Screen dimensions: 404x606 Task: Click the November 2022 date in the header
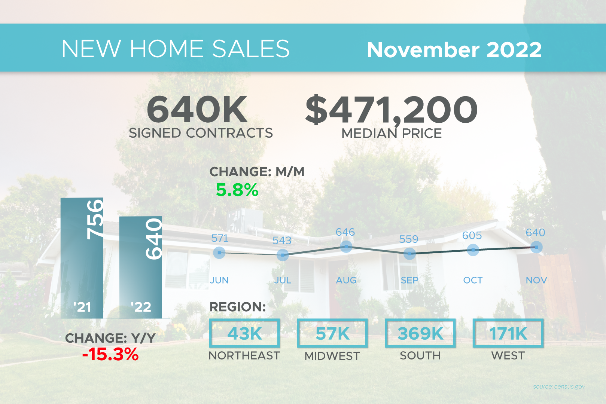(x=454, y=50)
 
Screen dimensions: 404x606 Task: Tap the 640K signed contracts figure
(x=197, y=110)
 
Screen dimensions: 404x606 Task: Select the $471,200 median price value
(x=391, y=110)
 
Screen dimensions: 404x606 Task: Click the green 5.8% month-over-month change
(x=237, y=190)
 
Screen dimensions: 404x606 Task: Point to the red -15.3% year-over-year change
(x=110, y=354)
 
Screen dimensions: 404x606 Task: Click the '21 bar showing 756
(x=82, y=258)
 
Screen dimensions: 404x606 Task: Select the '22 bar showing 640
(x=141, y=267)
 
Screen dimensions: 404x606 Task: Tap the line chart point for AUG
(x=346, y=247)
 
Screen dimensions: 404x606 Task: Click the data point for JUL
(x=283, y=255)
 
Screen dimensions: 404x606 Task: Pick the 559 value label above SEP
(x=408, y=239)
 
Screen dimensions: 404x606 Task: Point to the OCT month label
(x=473, y=280)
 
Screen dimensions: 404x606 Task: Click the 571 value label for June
(x=220, y=238)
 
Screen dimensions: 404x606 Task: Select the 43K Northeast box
(x=244, y=333)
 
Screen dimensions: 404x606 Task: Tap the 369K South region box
(x=420, y=333)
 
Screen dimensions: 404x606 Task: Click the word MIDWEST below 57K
(x=332, y=356)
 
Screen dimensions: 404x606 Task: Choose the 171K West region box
(x=508, y=333)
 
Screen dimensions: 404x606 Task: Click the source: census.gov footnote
(x=559, y=386)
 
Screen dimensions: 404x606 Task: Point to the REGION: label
(x=237, y=307)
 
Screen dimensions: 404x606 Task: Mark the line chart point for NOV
(x=536, y=247)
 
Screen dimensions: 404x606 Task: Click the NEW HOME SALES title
(x=176, y=49)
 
